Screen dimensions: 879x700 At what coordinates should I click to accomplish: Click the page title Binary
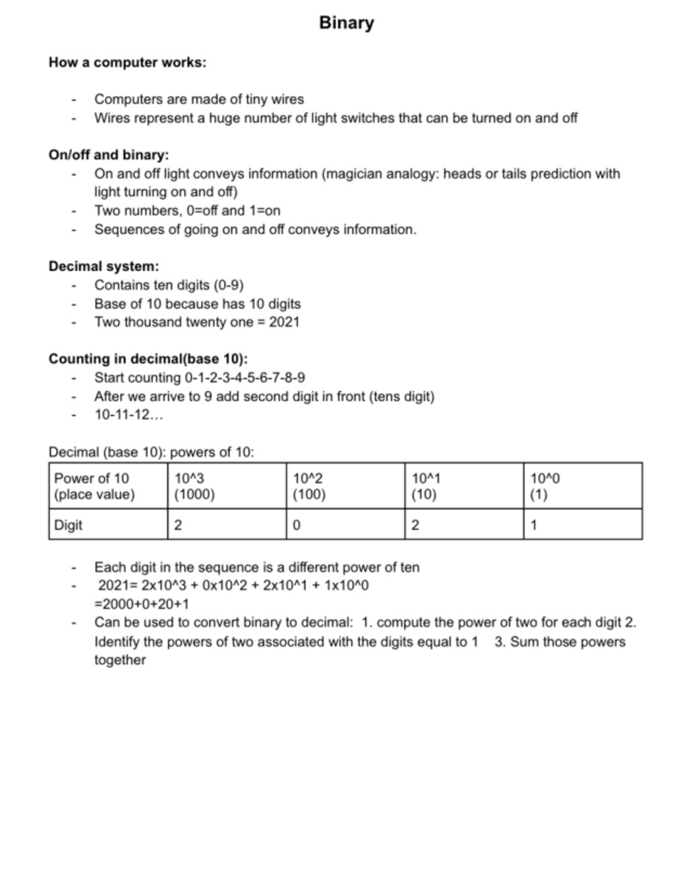[346, 23]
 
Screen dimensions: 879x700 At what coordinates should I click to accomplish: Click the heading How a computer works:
[127, 62]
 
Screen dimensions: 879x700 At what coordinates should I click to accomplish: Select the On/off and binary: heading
[108, 155]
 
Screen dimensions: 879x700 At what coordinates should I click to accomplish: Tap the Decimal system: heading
[104, 266]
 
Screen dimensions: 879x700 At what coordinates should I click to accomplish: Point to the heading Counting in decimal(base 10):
[148, 359]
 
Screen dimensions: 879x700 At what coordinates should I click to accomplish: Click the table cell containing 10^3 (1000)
[226, 486]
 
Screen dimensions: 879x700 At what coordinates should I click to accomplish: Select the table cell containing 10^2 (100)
[345, 486]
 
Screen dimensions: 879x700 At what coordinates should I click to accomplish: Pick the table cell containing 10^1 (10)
[464, 486]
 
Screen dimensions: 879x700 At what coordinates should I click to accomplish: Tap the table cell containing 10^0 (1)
[582, 486]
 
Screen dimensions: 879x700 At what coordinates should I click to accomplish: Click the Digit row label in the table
[68, 525]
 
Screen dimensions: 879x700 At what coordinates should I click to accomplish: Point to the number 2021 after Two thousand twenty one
[284, 322]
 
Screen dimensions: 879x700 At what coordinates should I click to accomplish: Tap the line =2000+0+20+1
[142, 604]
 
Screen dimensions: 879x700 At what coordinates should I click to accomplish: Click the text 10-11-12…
[129, 415]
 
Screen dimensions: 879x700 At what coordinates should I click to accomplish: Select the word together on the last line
[120, 660]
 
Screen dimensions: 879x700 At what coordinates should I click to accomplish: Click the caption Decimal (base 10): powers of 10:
[151, 452]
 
